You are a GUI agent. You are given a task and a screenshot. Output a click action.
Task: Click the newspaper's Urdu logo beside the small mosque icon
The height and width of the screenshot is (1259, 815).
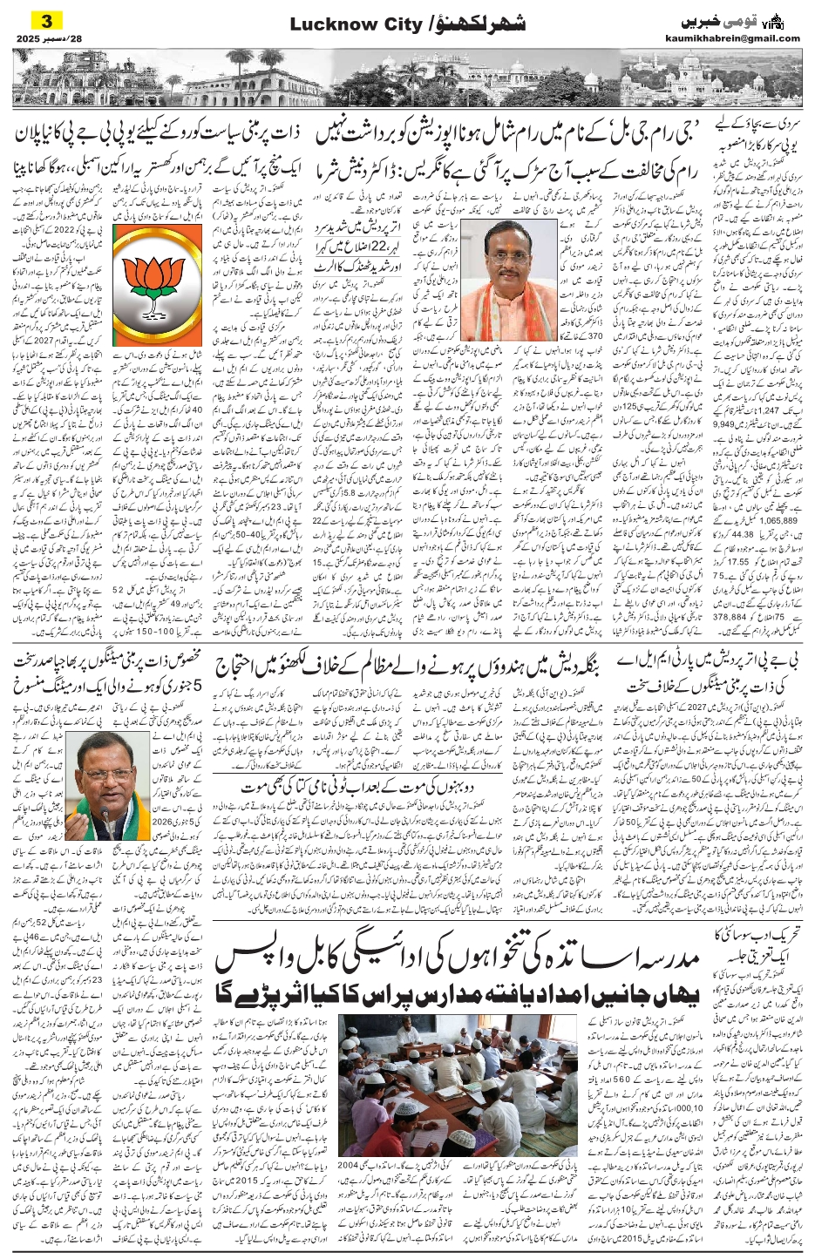coord(720,20)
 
